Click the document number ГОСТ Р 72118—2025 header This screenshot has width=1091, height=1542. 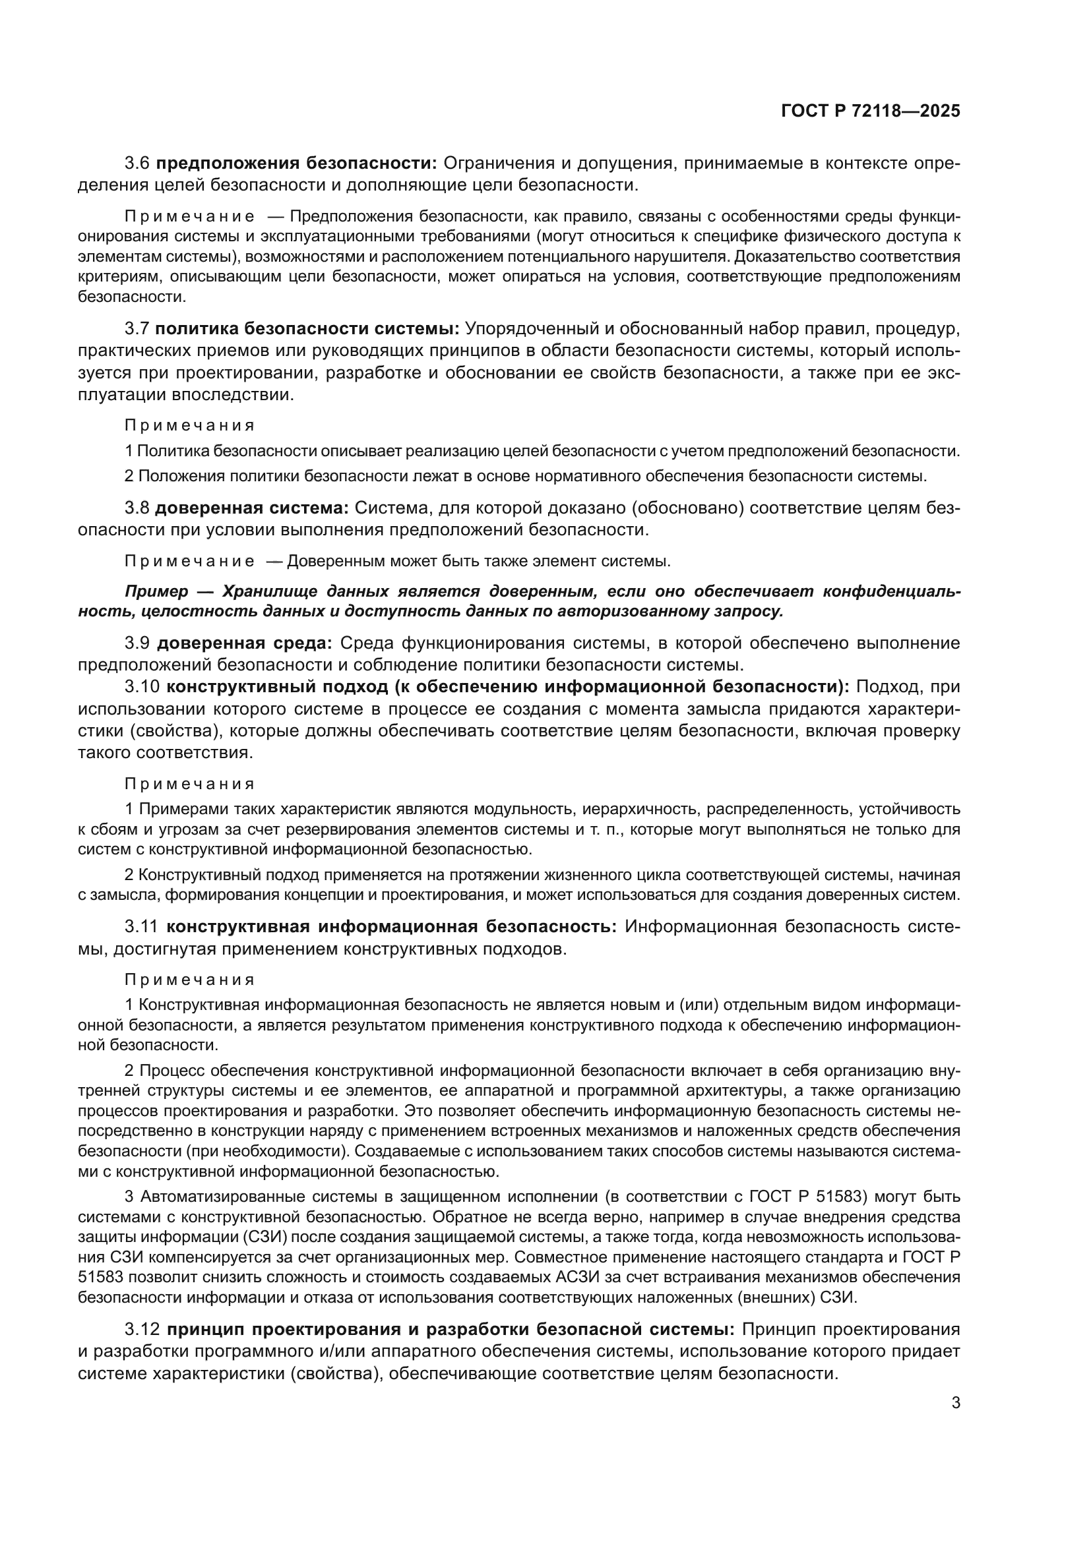(870, 111)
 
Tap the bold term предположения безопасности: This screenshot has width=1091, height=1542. (296, 163)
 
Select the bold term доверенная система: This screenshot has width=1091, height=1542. (252, 508)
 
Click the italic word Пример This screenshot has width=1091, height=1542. (156, 591)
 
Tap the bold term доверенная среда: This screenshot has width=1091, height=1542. (245, 643)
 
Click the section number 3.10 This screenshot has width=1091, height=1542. (142, 687)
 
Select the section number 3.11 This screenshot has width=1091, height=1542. (141, 927)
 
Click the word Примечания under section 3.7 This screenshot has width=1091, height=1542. (189, 426)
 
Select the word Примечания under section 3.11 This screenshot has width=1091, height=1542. (189, 979)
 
